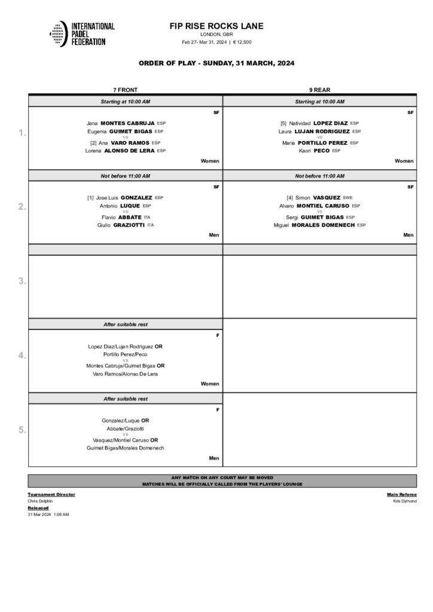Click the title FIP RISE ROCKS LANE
coord(216,26)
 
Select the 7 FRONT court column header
coord(126,90)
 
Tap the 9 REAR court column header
coord(320,90)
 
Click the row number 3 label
coord(22,281)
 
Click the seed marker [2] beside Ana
coord(93,143)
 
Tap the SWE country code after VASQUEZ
coord(347,197)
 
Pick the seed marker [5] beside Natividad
coord(284,123)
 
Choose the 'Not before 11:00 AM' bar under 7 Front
coord(126,176)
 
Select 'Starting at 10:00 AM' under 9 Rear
coord(319,102)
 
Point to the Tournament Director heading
coord(51,495)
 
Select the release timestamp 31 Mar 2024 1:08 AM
coord(48,514)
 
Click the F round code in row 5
coord(218,409)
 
